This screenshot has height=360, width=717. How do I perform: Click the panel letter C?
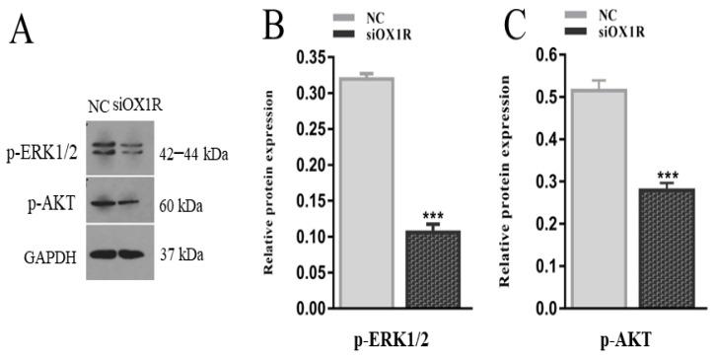pyautogui.click(x=515, y=27)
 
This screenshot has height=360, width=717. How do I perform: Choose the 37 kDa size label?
pyautogui.click(x=183, y=254)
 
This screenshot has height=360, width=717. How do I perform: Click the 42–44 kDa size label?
pyautogui.click(x=195, y=154)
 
